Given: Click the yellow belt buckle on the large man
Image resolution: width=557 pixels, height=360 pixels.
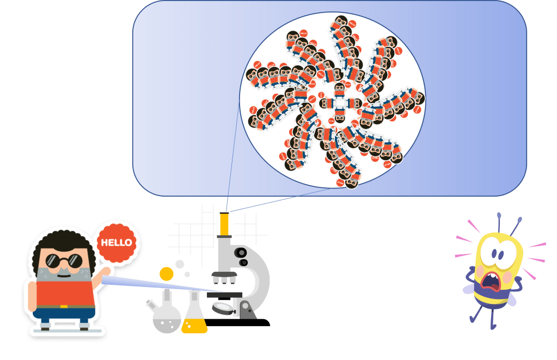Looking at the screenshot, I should (x=64, y=307).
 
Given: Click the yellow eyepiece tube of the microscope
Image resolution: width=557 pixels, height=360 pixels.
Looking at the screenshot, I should (x=224, y=223).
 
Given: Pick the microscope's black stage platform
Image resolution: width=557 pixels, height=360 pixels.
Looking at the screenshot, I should (x=224, y=295).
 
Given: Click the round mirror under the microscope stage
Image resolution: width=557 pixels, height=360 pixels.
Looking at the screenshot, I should (x=222, y=307).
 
